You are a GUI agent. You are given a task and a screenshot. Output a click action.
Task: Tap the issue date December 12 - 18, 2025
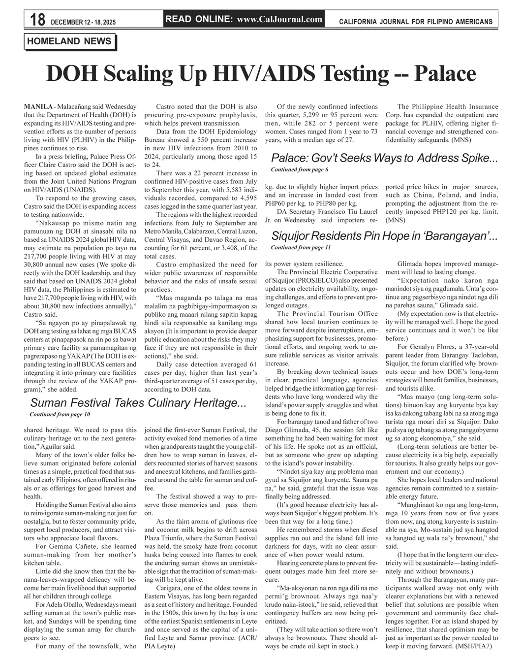86,22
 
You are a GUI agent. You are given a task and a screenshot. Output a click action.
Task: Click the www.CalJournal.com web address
279,20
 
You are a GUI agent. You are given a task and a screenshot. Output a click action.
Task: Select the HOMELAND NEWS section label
69,41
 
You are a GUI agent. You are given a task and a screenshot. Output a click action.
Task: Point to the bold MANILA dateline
39,107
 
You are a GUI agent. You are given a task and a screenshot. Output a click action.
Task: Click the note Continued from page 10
60,415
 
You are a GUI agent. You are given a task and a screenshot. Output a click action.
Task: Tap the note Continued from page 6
299,170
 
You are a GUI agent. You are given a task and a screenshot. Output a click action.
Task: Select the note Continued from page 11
301,247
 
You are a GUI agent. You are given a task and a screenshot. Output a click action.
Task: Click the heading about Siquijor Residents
384,236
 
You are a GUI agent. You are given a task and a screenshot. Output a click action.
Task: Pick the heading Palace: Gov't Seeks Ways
384,159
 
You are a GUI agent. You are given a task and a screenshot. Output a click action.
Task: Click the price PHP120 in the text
443,212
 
